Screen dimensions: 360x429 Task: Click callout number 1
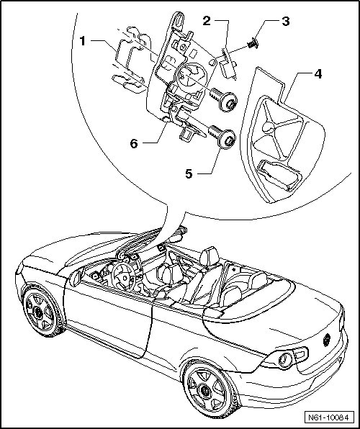click(83, 41)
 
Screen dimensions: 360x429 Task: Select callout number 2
click(207, 21)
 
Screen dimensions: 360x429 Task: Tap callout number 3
click(286, 22)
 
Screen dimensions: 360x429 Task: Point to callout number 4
click(318, 74)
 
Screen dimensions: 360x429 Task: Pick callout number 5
click(189, 173)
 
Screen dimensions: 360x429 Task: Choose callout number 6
click(134, 143)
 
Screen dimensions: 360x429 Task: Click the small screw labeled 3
click(253, 44)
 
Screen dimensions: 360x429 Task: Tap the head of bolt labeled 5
click(227, 139)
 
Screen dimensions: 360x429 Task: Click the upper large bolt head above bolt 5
click(228, 101)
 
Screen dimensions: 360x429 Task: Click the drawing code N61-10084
click(328, 417)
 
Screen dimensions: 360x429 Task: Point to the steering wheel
click(124, 277)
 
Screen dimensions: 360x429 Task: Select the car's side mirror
click(76, 277)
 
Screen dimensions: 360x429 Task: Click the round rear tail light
click(285, 360)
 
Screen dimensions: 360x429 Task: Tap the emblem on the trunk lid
click(327, 340)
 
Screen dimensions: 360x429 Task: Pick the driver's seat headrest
click(210, 256)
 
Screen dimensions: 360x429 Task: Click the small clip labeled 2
click(228, 63)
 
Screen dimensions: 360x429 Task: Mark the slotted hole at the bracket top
click(179, 19)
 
